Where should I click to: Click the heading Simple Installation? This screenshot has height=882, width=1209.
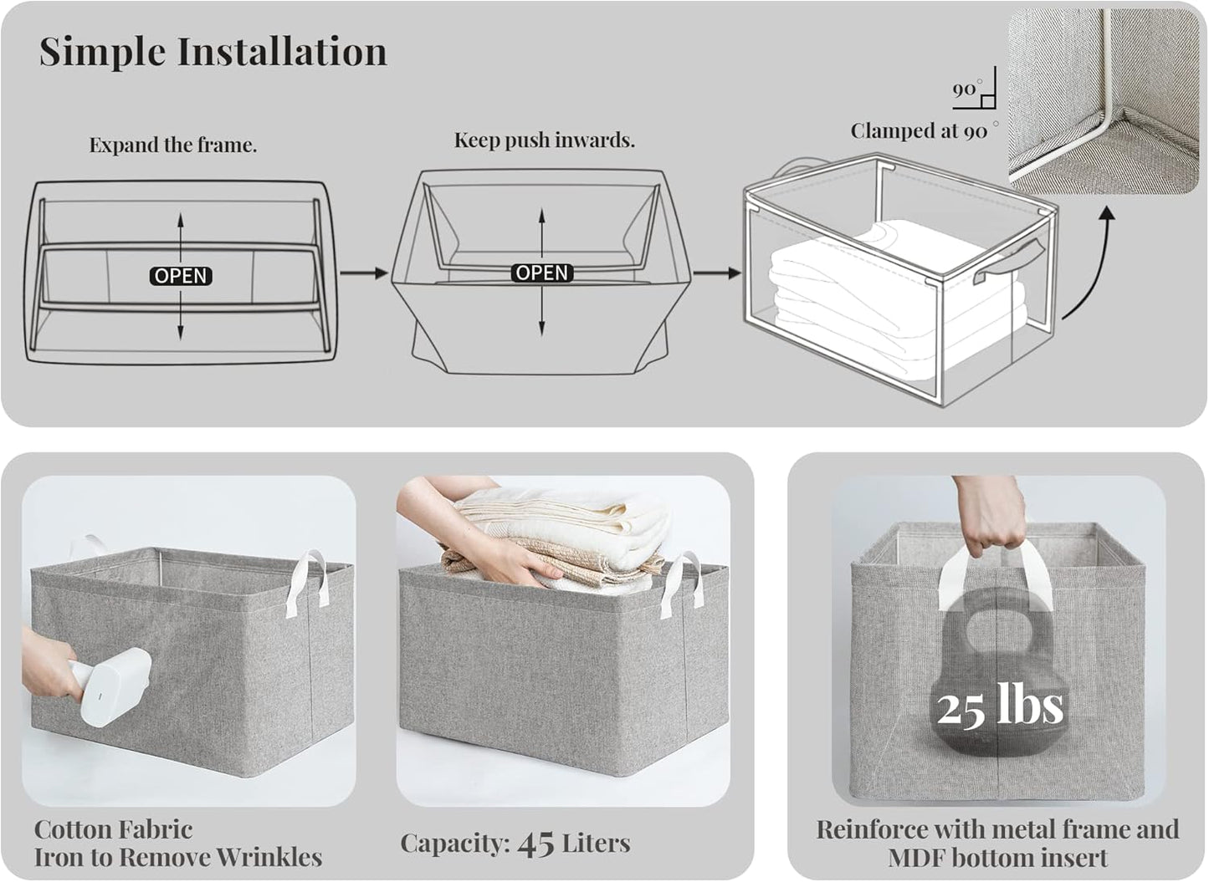pyautogui.click(x=213, y=52)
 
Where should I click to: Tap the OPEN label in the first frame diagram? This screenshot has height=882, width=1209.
pyautogui.click(x=181, y=276)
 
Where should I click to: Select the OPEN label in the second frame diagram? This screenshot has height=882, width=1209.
pyautogui.click(x=542, y=273)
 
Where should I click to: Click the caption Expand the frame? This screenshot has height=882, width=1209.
pyautogui.click(x=172, y=145)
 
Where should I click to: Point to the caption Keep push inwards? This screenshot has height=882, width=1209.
pyautogui.click(x=544, y=140)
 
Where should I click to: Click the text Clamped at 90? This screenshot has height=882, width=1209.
pyautogui.click(x=920, y=131)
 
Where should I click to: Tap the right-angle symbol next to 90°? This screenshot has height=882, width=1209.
pyautogui.click(x=988, y=101)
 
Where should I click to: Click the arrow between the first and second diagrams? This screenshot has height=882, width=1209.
pyautogui.click(x=364, y=273)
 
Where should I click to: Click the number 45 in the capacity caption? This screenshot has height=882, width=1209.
pyautogui.click(x=536, y=844)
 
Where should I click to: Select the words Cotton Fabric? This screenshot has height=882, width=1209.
pyautogui.click(x=113, y=829)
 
